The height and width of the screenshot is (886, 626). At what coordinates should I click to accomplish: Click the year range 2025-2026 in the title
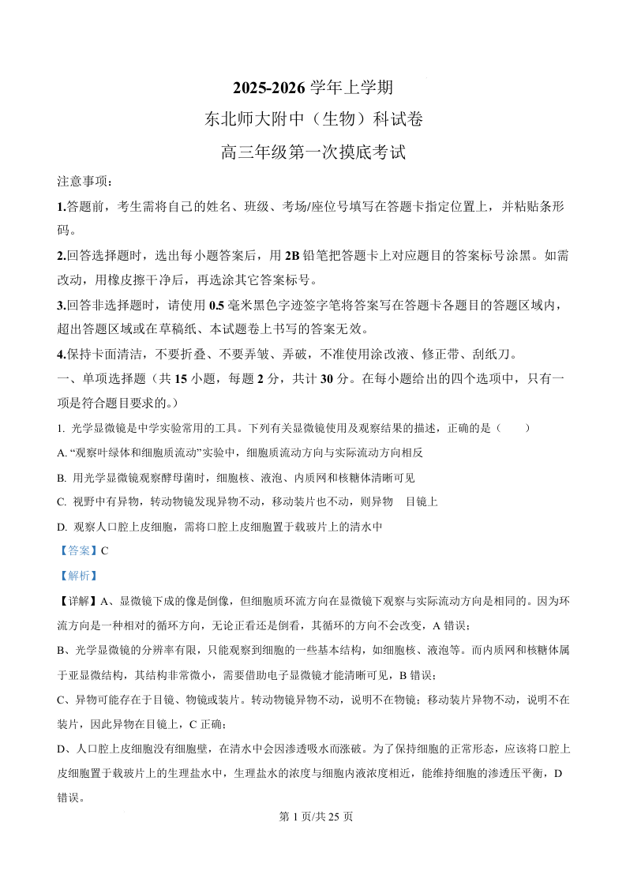click(266, 87)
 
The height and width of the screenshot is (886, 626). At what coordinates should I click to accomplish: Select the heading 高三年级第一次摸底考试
click(313, 152)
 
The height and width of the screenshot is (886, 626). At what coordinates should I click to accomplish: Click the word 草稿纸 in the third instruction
click(222, 329)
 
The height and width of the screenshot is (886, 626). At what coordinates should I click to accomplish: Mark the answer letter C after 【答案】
click(104, 551)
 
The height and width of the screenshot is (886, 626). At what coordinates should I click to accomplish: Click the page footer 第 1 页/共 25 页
click(313, 817)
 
